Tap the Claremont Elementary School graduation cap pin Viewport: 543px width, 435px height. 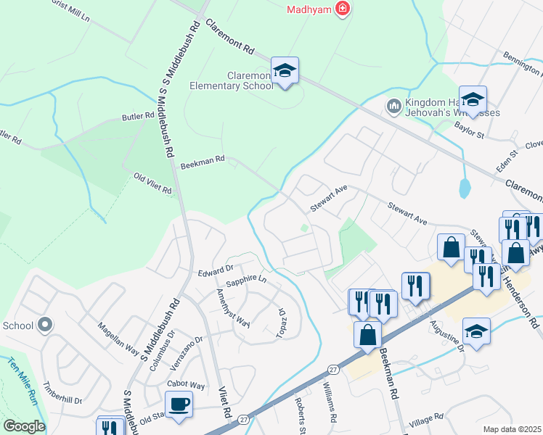coord(285,71)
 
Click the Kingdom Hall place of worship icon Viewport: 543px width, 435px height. coord(394,107)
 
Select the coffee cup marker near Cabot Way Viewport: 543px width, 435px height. coord(178,404)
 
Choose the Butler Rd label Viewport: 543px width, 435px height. coord(138,116)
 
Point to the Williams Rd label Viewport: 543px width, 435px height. coord(329,403)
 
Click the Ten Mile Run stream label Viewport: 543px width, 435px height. coord(21,384)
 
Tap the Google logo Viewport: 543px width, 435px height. coord(24,426)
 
